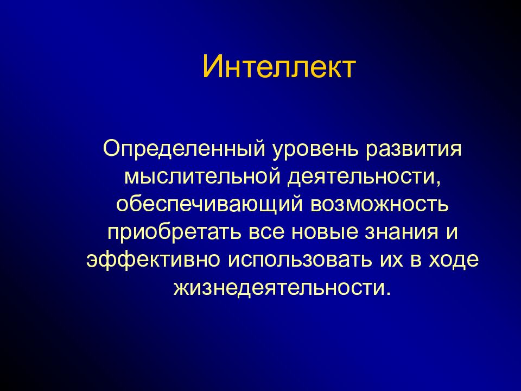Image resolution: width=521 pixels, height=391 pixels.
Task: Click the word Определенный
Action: (x=184, y=148)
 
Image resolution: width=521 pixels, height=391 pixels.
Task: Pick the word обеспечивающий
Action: (x=209, y=204)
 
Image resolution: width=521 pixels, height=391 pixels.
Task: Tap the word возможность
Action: (x=379, y=205)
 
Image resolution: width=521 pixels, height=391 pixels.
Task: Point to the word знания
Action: (x=402, y=233)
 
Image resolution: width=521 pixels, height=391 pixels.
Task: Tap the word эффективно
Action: (x=153, y=260)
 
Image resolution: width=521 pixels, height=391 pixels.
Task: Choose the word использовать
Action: (x=300, y=260)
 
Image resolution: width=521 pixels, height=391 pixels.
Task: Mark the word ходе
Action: (x=454, y=260)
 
